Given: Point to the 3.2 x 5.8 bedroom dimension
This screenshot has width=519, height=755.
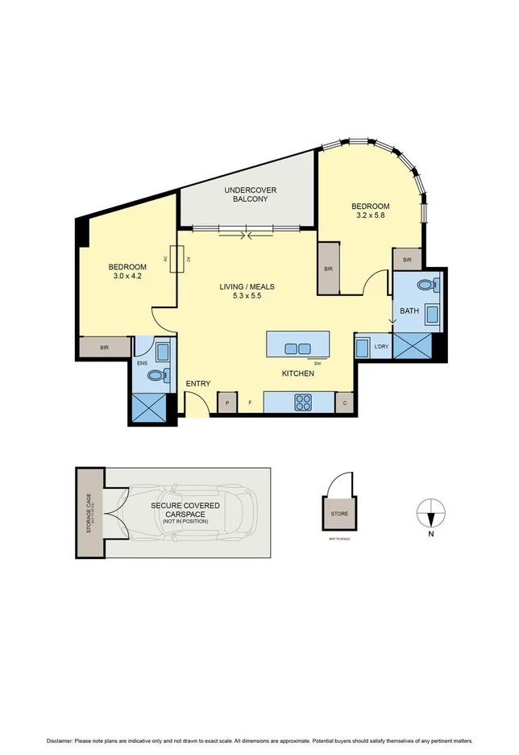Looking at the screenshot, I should coord(370,216).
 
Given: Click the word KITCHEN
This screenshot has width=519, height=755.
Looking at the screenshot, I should coord(297,374).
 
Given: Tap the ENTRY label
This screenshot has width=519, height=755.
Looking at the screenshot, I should coord(198,383).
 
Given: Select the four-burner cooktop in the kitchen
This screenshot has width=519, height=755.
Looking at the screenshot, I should coord(305,401).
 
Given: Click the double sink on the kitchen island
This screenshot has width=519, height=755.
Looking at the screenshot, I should coord(297,348).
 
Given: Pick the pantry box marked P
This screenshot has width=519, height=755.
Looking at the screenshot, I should coord(227,403).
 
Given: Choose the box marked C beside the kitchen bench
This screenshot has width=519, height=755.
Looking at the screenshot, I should coord(345,403).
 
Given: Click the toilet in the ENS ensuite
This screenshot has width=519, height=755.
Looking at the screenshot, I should coord(166,374).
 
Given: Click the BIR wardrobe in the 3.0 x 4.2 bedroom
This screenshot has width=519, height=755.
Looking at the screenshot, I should coord(105,348).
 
